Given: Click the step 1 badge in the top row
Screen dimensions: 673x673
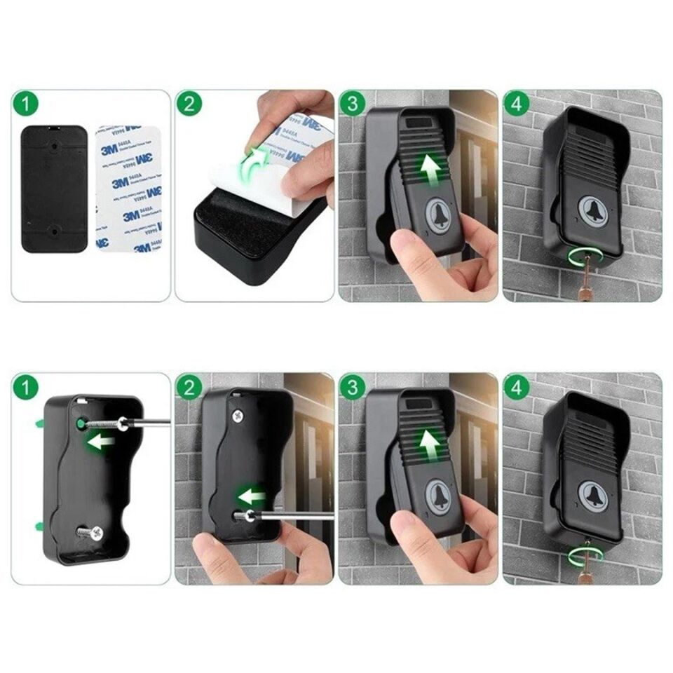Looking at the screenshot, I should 25,105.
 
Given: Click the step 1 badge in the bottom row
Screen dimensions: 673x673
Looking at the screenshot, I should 25,388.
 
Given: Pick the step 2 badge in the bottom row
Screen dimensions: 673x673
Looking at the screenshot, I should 189,388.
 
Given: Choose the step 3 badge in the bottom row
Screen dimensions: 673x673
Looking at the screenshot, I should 353,388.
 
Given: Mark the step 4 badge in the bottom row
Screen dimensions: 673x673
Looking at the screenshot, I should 517,388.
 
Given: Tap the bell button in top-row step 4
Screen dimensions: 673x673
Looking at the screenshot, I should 592,210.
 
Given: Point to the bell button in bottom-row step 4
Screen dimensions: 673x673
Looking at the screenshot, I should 592,495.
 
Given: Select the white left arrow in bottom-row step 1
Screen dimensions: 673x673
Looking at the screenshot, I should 101,442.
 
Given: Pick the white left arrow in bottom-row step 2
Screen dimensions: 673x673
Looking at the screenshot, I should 252,496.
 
